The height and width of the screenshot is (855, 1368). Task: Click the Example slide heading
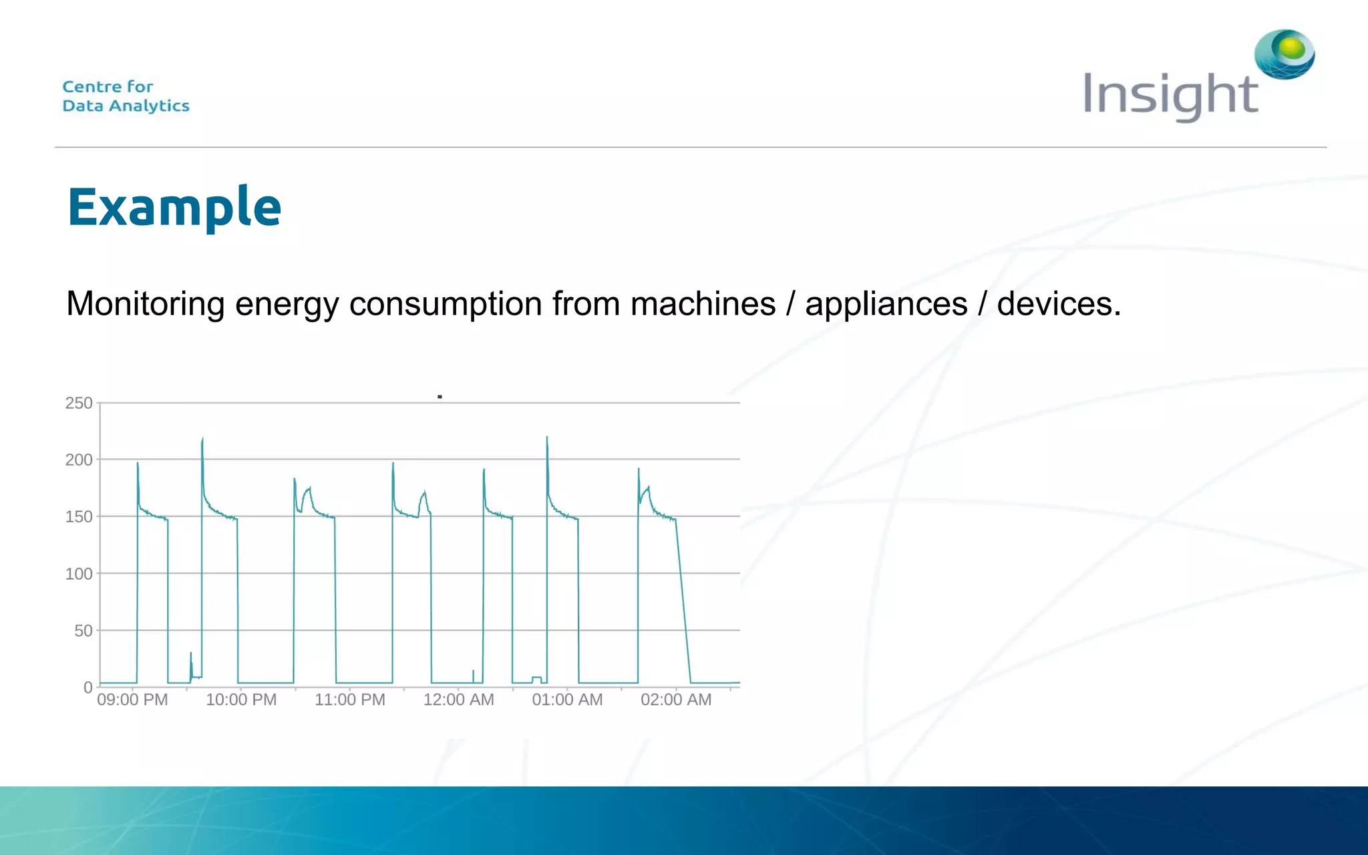click(x=174, y=207)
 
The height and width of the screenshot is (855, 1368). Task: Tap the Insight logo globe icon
click(x=1284, y=53)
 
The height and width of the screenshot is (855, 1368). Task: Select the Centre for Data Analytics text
click(x=126, y=96)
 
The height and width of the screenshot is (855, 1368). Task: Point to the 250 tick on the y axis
click(x=79, y=403)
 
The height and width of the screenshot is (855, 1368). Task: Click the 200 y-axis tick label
click(x=79, y=460)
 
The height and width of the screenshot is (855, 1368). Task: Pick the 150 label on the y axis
click(x=79, y=516)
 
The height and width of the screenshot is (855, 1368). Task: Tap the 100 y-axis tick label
click(x=79, y=573)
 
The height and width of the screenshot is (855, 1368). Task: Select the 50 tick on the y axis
click(x=83, y=631)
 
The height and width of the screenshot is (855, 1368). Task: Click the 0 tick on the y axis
click(x=88, y=687)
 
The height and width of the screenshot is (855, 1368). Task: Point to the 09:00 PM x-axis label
click(x=132, y=700)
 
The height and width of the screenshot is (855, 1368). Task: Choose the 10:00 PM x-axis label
click(x=241, y=700)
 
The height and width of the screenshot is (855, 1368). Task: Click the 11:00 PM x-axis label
click(x=350, y=700)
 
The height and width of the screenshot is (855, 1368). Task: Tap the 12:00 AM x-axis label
click(x=459, y=700)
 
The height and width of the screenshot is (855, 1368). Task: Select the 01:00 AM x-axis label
click(x=567, y=700)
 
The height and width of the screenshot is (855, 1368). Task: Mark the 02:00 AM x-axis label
click(x=676, y=700)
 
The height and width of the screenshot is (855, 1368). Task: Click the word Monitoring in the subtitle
click(x=145, y=305)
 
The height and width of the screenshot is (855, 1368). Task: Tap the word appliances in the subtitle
click(x=886, y=305)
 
